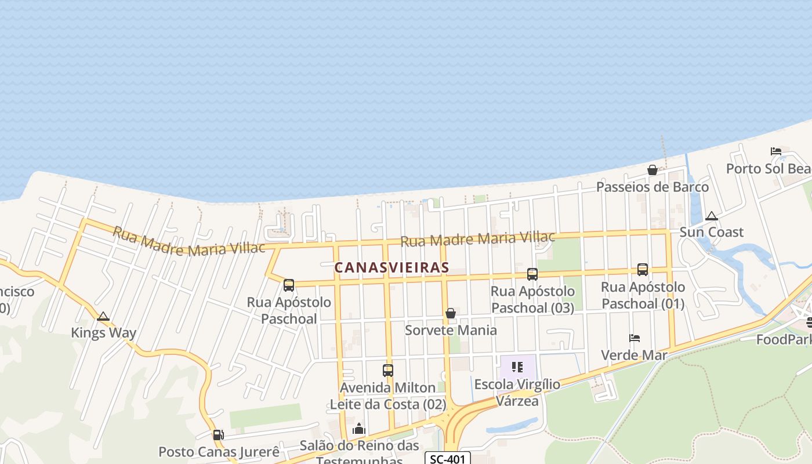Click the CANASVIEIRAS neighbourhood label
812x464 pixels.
391,267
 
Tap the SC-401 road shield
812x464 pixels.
447,459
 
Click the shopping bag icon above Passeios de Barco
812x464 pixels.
652,170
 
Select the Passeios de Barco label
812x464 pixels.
652,187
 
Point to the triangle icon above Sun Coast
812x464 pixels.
712,216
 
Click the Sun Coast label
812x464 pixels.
711,232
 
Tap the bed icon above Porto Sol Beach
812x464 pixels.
776,151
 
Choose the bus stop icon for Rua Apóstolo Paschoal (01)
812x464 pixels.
643,270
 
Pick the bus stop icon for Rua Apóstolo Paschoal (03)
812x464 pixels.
532,274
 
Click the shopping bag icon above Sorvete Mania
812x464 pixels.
451,314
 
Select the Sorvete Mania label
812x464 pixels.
451,330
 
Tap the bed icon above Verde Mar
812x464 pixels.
635,338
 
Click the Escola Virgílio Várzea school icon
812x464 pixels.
517,367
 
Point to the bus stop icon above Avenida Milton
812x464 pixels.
388,370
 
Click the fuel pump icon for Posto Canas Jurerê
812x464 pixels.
218,435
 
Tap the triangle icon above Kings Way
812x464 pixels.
103,317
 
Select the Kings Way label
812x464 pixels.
103,333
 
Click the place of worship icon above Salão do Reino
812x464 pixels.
359,429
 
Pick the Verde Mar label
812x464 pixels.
634,355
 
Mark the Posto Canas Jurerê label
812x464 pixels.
219,452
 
